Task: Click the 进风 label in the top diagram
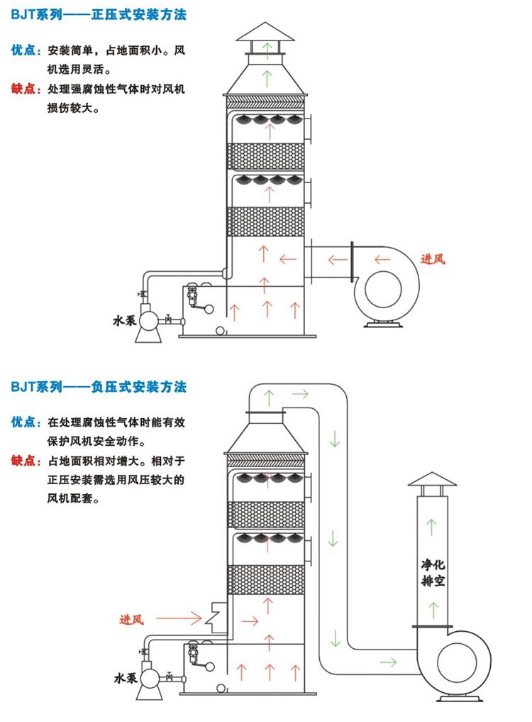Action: click(432, 260)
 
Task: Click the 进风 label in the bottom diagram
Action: click(131, 619)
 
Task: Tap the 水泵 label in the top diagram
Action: click(124, 321)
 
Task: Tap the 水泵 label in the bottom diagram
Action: click(124, 679)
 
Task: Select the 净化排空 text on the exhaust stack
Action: click(431, 573)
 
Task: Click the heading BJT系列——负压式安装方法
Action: click(99, 388)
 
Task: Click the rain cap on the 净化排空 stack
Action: click(431, 480)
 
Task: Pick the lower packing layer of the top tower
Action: click(266, 221)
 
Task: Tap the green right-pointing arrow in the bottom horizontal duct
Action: click(387, 662)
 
